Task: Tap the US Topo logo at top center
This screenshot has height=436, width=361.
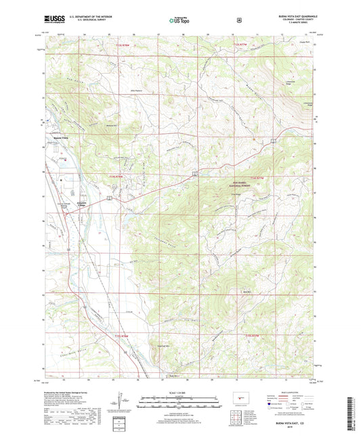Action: pos(178,21)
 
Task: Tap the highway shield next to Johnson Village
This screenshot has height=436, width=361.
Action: pos(107,198)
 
